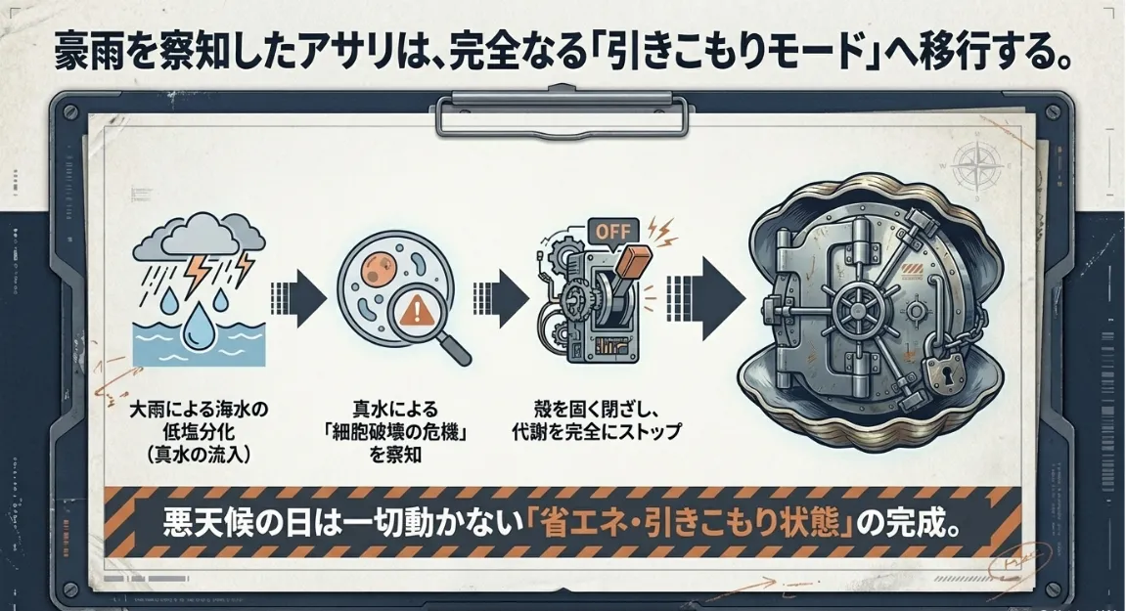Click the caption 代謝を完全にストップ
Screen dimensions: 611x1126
[x=596, y=430]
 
